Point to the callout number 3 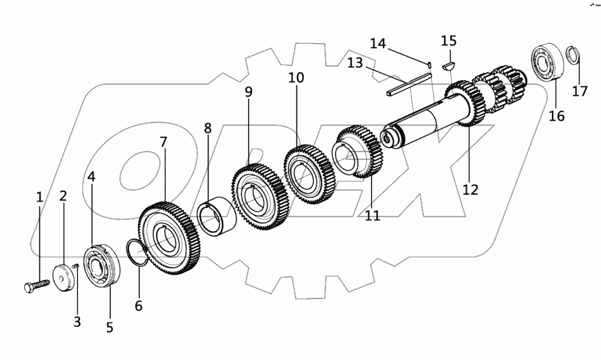pyautogui.click(x=77, y=322)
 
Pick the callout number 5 pyautogui.click(x=109, y=328)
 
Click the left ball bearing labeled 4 pyautogui.click(x=102, y=267)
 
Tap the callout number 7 pyautogui.click(x=163, y=142)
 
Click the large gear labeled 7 pyautogui.click(x=169, y=237)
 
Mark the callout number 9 pyautogui.click(x=249, y=92)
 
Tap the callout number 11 pyautogui.click(x=373, y=215)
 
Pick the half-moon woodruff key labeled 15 pyautogui.click(x=449, y=64)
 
